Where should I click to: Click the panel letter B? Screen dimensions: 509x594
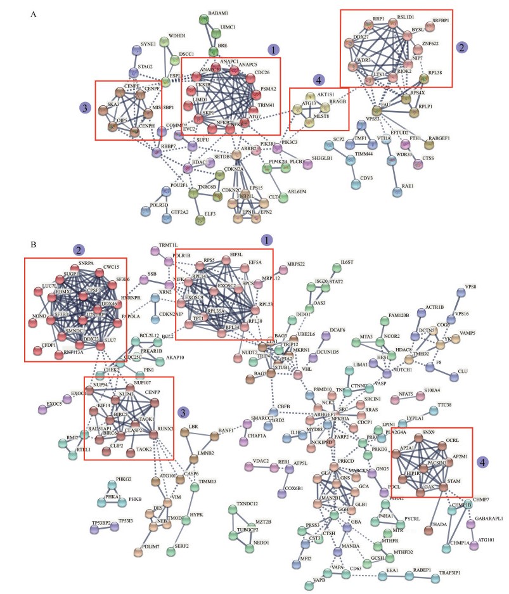tap(33, 243)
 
